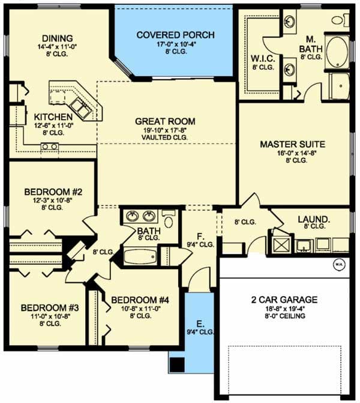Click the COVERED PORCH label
(x=175, y=35)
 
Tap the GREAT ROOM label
(x=165, y=121)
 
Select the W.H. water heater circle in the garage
(x=339, y=264)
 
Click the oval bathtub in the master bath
(x=337, y=52)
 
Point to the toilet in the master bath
(x=340, y=20)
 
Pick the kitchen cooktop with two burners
(x=50, y=147)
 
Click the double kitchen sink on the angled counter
(x=80, y=109)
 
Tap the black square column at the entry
(x=177, y=365)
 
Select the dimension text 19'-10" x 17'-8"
(x=165, y=130)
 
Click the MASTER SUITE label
(x=293, y=144)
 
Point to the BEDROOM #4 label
(x=140, y=300)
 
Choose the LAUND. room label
(x=314, y=219)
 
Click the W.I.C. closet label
(x=263, y=59)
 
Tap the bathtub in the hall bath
(x=140, y=256)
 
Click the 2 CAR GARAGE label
(x=284, y=300)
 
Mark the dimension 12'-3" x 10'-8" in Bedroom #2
(x=52, y=200)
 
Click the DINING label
(x=57, y=38)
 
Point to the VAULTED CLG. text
(x=164, y=138)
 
